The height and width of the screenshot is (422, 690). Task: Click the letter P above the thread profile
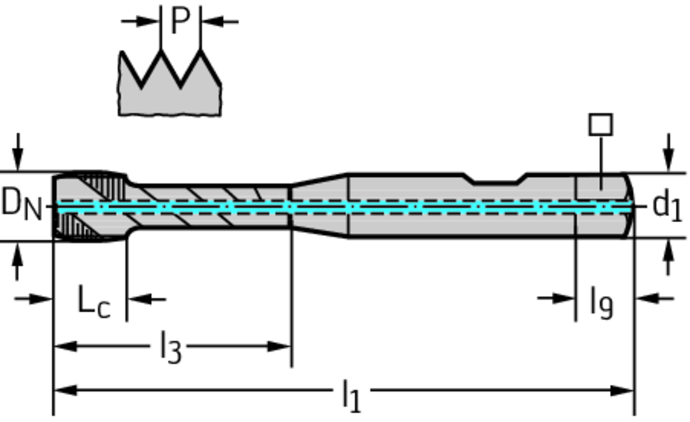180,20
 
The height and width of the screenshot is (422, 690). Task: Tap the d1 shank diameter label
667,206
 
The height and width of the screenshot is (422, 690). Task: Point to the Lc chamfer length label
92,301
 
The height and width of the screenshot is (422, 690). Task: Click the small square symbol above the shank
600,125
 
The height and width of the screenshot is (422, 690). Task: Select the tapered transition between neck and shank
318,205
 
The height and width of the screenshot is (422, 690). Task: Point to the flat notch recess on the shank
496,179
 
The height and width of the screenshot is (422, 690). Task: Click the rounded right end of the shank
629,205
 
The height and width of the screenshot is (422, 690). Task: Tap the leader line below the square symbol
600,162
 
